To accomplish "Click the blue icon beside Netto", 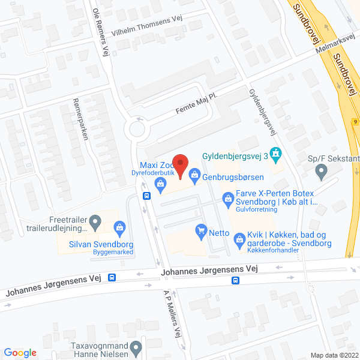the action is (201, 229).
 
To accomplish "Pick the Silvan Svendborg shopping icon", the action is (120, 228).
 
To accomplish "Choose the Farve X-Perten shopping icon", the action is (228, 197).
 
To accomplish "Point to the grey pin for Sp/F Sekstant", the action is (321, 173).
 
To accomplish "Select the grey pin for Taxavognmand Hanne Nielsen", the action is (137, 347).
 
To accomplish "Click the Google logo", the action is (20, 353).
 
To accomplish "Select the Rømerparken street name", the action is (80, 118).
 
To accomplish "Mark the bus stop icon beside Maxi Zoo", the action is (146, 195).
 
